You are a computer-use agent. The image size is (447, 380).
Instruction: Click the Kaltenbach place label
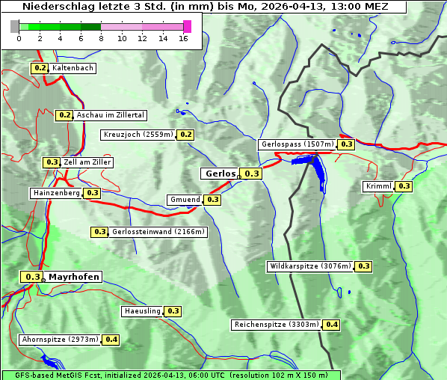[73, 68]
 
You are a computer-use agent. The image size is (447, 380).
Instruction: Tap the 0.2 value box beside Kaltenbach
[40, 68]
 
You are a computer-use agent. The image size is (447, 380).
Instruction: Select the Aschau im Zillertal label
[110, 115]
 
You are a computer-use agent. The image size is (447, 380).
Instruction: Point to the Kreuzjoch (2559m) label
[138, 135]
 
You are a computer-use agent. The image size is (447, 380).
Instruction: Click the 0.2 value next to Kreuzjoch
[186, 135]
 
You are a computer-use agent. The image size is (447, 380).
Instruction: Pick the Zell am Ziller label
[87, 162]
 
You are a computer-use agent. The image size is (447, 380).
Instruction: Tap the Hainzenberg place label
[56, 193]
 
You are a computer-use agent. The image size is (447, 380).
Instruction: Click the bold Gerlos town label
[220, 174]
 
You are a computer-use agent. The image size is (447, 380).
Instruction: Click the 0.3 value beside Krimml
[404, 186]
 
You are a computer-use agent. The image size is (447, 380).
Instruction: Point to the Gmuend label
[185, 200]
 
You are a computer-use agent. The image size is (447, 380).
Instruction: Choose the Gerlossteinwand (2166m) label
[158, 232]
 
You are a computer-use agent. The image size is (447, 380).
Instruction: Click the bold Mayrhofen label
[73, 277]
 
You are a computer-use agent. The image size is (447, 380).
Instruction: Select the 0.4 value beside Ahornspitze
[111, 340]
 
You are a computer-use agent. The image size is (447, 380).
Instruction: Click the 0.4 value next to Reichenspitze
[331, 325]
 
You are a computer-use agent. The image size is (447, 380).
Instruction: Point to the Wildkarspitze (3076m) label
[310, 266]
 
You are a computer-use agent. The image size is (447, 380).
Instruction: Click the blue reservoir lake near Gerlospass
[318, 168]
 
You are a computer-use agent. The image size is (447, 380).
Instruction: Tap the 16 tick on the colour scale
[183, 38]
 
